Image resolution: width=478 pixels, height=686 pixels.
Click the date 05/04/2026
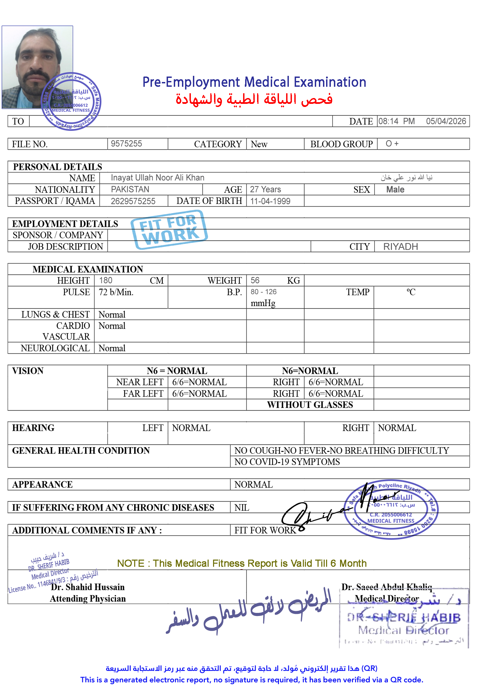pyautogui.click(x=446, y=121)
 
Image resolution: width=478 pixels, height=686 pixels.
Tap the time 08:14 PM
pyautogui.click(x=396, y=121)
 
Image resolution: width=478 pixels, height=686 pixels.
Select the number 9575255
pyautogui.click(x=126, y=143)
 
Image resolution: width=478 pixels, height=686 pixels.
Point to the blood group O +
pyautogui.click(x=392, y=143)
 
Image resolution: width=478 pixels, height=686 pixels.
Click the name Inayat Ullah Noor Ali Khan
pyautogui.click(x=157, y=178)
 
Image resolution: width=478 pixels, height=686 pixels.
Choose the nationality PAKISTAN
pyautogui.click(x=130, y=189)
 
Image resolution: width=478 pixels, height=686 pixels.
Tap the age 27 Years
pyautogui.click(x=265, y=189)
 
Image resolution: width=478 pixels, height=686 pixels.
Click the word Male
pyautogui.click(x=395, y=190)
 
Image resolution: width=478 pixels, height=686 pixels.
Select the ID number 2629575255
pyautogui.click(x=133, y=201)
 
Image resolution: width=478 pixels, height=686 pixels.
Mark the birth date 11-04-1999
pyautogui.click(x=270, y=201)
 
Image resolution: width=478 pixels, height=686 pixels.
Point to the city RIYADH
pyautogui.click(x=400, y=247)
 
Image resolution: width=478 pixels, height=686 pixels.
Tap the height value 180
pyautogui.click(x=106, y=280)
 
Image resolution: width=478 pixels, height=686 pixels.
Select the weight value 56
pyautogui.click(x=255, y=280)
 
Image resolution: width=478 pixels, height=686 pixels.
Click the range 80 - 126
pyautogui.click(x=264, y=292)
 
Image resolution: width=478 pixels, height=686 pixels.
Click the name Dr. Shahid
pyautogui.click(x=71, y=587)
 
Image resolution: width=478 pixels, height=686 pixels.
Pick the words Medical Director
pyautogui.click(x=386, y=599)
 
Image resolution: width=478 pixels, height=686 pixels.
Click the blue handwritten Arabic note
pyautogui.click(x=249, y=612)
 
